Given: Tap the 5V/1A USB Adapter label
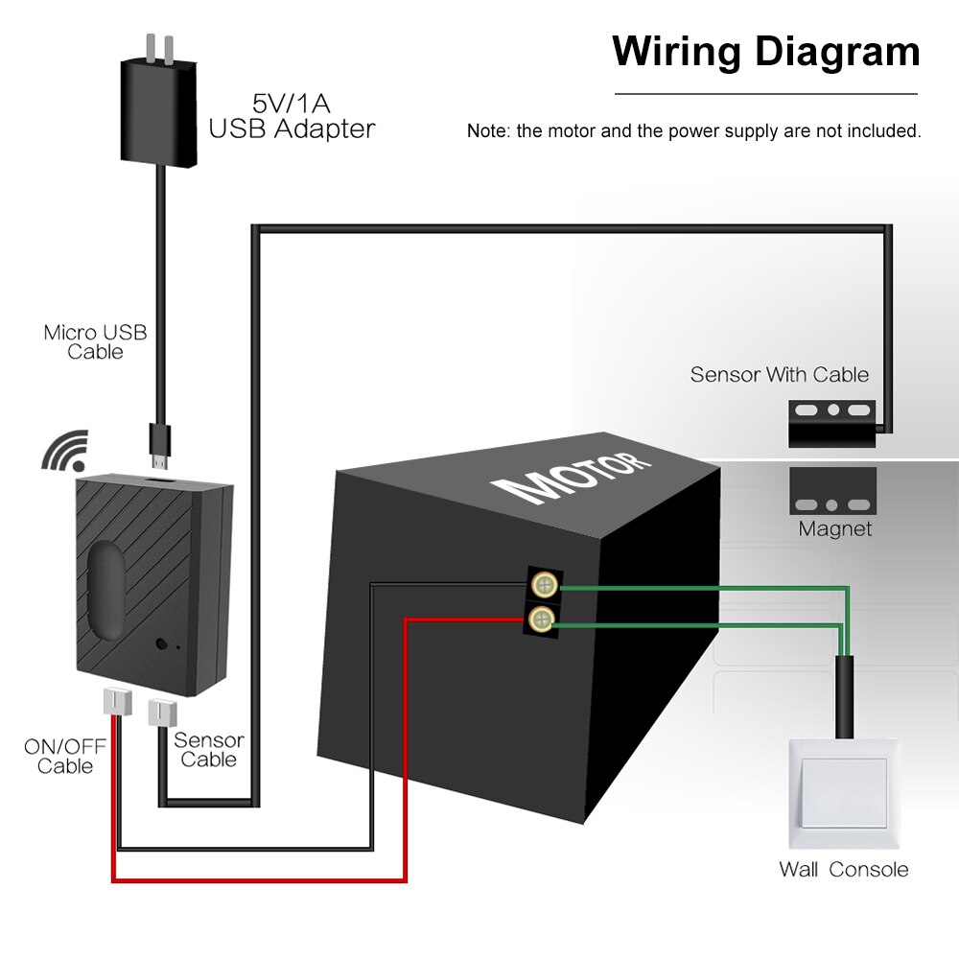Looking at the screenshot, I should coord(292,115).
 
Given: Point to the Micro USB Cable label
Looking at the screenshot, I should coord(95,341).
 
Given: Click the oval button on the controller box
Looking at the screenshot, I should coord(107,588).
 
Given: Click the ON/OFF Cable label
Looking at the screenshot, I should coord(65,756).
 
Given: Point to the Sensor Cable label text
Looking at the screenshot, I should coord(208,749).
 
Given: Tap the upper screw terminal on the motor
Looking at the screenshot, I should coord(544,584).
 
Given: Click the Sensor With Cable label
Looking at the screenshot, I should coord(779,374).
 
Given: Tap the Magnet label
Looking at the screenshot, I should coord(835,528).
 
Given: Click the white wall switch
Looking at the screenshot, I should coord(843,792).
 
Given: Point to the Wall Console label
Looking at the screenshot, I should coord(843,870).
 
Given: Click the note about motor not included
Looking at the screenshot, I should coord(693,131).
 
